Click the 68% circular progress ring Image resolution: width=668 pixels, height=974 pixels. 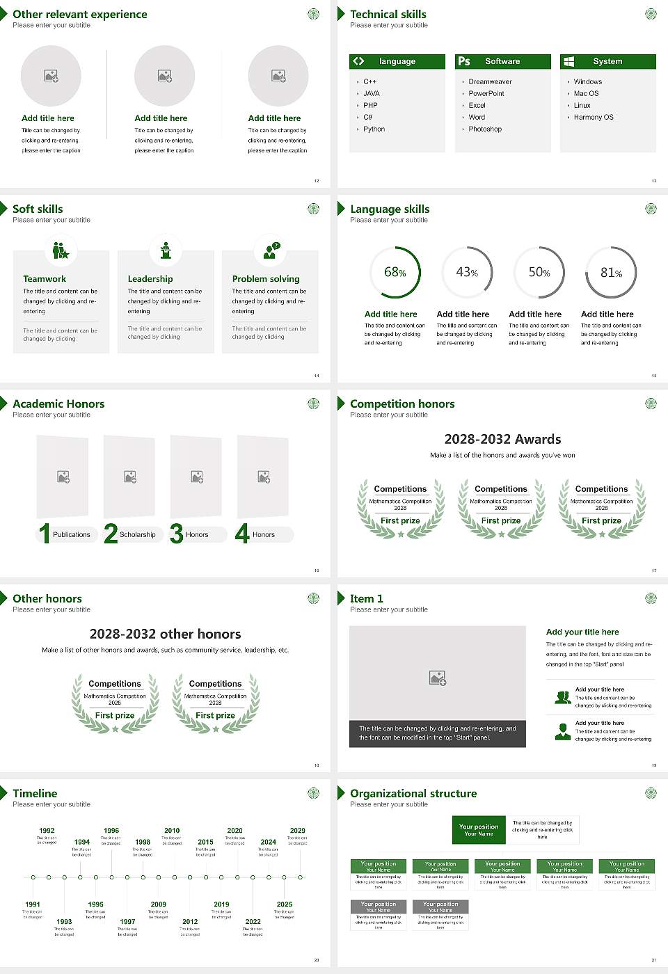[396, 272]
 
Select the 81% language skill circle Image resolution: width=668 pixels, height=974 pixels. [611, 273]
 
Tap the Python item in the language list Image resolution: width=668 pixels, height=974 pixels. [374, 129]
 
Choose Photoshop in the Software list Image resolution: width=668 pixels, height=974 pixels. [485, 129]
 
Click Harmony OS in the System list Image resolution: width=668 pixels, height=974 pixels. [594, 117]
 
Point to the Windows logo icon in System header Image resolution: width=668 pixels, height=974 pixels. [568, 61]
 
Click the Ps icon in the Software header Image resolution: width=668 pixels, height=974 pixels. [464, 61]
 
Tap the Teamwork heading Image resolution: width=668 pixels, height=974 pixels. [45, 278]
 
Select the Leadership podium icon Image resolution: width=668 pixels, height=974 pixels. [166, 250]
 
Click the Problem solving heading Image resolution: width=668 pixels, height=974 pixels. [266, 278]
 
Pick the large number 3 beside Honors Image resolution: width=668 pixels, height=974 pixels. [177, 534]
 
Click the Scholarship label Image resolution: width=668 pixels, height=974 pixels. [137, 534]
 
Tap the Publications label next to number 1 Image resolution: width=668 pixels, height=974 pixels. [72, 534]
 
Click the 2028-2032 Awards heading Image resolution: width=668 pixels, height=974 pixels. [502, 439]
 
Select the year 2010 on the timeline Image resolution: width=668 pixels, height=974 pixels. [172, 830]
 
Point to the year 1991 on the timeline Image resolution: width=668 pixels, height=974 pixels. [33, 904]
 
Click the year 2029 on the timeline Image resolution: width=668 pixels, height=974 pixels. [298, 830]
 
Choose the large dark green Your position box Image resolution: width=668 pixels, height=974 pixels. [479, 830]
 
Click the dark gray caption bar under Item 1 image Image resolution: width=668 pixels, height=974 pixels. [438, 733]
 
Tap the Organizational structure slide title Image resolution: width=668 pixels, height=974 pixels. [413, 793]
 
